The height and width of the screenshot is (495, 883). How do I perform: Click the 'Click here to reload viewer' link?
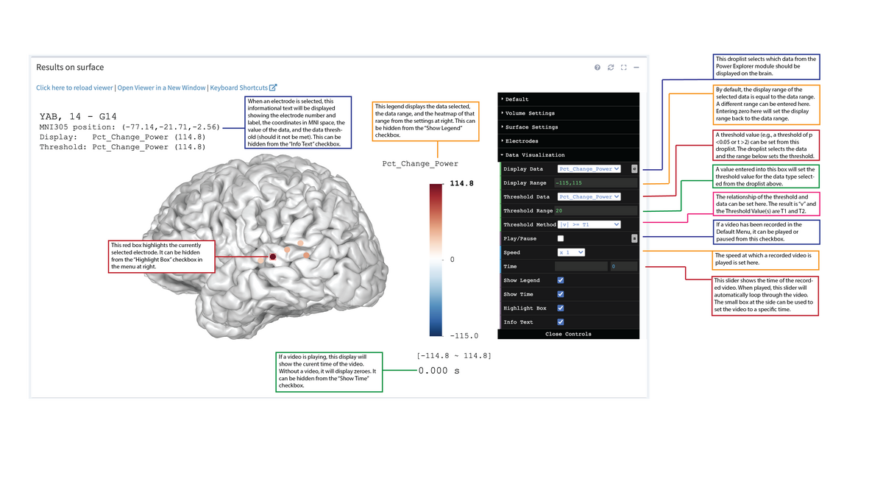point(74,88)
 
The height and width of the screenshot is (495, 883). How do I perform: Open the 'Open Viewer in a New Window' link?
point(161,88)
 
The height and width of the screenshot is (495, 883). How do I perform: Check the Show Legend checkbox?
point(561,280)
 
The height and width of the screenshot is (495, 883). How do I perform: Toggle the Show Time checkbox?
point(561,294)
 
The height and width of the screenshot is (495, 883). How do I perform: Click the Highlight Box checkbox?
point(561,308)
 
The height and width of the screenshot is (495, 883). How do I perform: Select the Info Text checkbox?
point(561,322)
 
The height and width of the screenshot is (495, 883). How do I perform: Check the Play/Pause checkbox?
point(561,238)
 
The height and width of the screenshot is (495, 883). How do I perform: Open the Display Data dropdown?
point(589,169)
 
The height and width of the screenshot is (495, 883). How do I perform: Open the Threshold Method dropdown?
point(589,224)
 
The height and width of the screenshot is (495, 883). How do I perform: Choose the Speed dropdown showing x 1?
point(571,252)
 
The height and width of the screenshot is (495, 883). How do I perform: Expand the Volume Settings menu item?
point(530,113)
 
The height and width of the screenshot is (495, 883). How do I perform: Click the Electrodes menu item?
point(522,141)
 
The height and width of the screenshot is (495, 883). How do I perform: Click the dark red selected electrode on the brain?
point(272,257)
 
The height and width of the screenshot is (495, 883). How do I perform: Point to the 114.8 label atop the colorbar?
point(461,183)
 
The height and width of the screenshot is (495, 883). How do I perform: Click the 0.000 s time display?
point(439,371)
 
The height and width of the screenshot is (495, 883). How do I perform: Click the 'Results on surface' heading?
point(70,68)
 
